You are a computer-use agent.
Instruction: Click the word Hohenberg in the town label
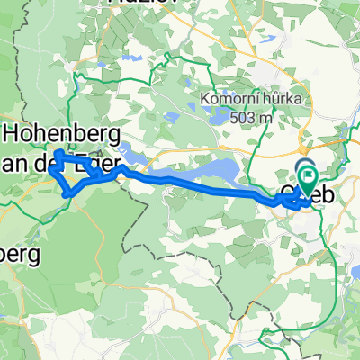pyautogui.click(x=55, y=133)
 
